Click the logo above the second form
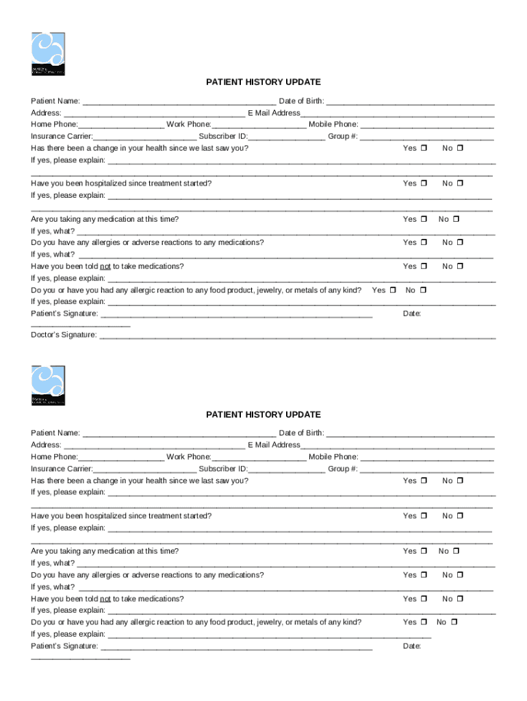(48, 385)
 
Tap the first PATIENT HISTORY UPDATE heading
(263, 82)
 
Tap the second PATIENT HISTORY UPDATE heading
(263, 415)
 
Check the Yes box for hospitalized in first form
(424, 183)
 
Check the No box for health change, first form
(460, 148)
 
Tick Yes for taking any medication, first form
(424, 219)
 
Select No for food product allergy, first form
(423, 290)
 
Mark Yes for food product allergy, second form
(424, 622)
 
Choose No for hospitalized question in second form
(460, 516)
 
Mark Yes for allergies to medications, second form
(424, 575)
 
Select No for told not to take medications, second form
(460, 599)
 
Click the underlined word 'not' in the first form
(105, 266)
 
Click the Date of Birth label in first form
(301, 101)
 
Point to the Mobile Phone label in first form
(333, 125)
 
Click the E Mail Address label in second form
(274, 445)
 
